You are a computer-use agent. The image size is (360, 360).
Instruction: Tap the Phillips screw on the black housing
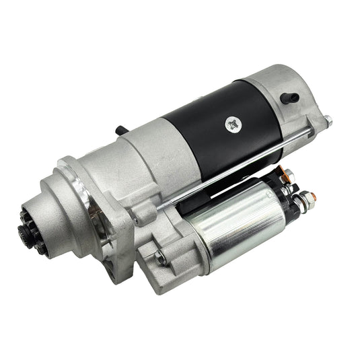coord(233,124)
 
